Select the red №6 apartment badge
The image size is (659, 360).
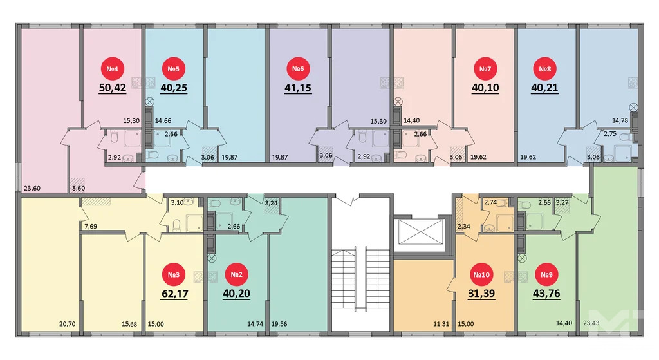[x=297, y=69]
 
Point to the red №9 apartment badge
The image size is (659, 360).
[x=546, y=276]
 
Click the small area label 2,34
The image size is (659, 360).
[x=464, y=227]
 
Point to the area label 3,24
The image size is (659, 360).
[x=272, y=202]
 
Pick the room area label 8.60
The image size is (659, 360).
[x=78, y=189]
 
